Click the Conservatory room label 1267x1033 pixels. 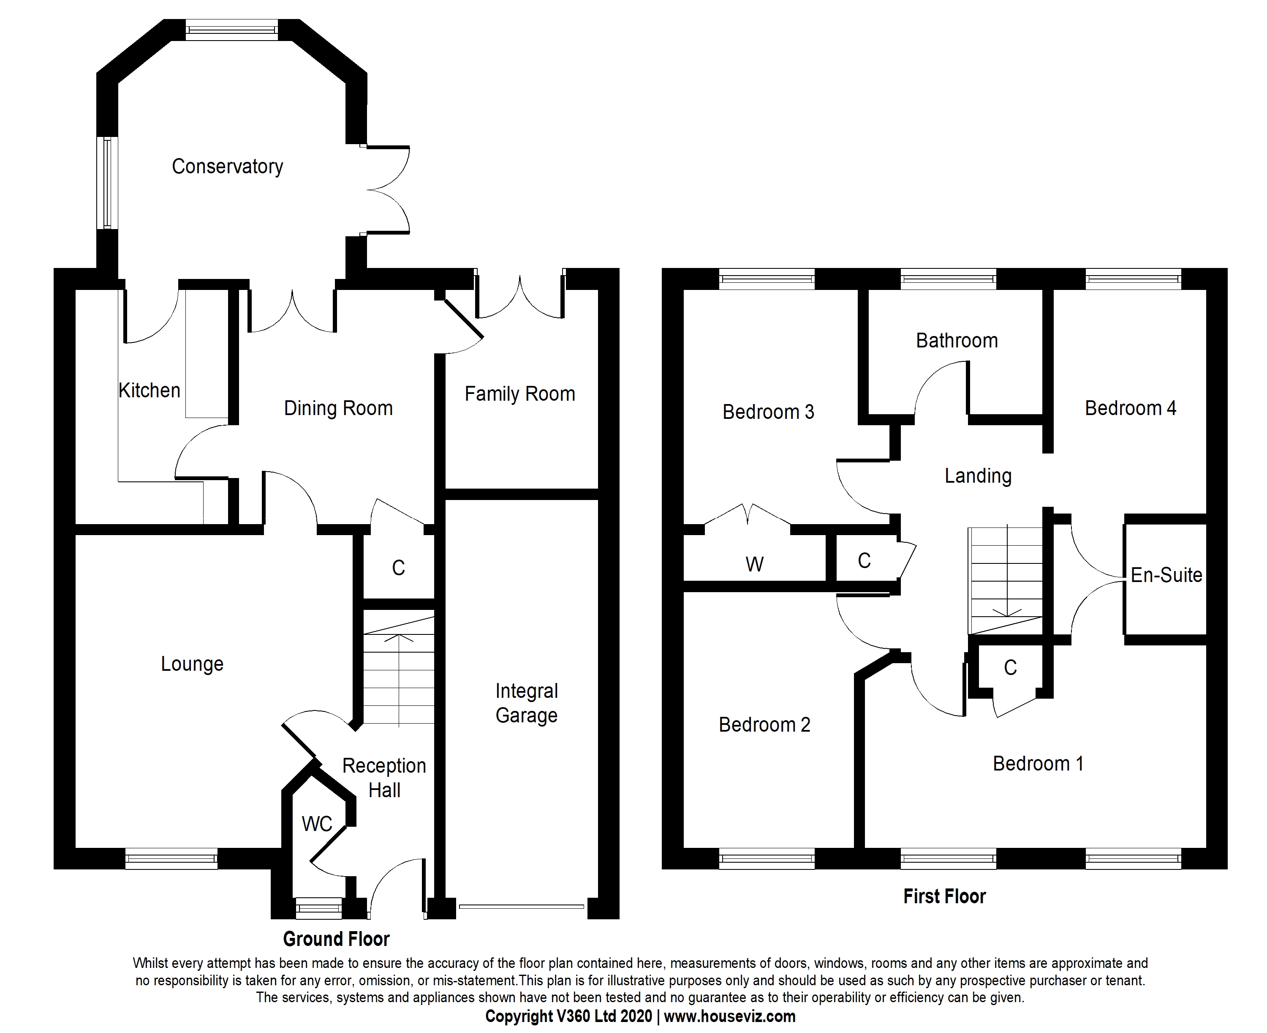[x=227, y=167]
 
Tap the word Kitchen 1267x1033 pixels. [x=149, y=391]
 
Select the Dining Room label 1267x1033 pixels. [x=338, y=408]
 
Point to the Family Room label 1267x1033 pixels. [x=519, y=394]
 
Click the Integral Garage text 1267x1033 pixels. [x=526, y=703]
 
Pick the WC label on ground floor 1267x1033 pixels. [x=316, y=824]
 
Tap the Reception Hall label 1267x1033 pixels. [x=384, y=778]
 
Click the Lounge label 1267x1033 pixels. [x=192, y=664]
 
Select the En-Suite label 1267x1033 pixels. [x=1166, y=575]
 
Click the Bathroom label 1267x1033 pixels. [x=957, y=340]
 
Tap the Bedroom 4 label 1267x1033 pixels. [x=1130, y=408]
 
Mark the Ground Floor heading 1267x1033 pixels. [x=336, y=939]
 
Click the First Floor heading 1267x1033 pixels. [x=944, y=896]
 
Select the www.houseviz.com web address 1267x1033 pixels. [x=729, y=1017]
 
